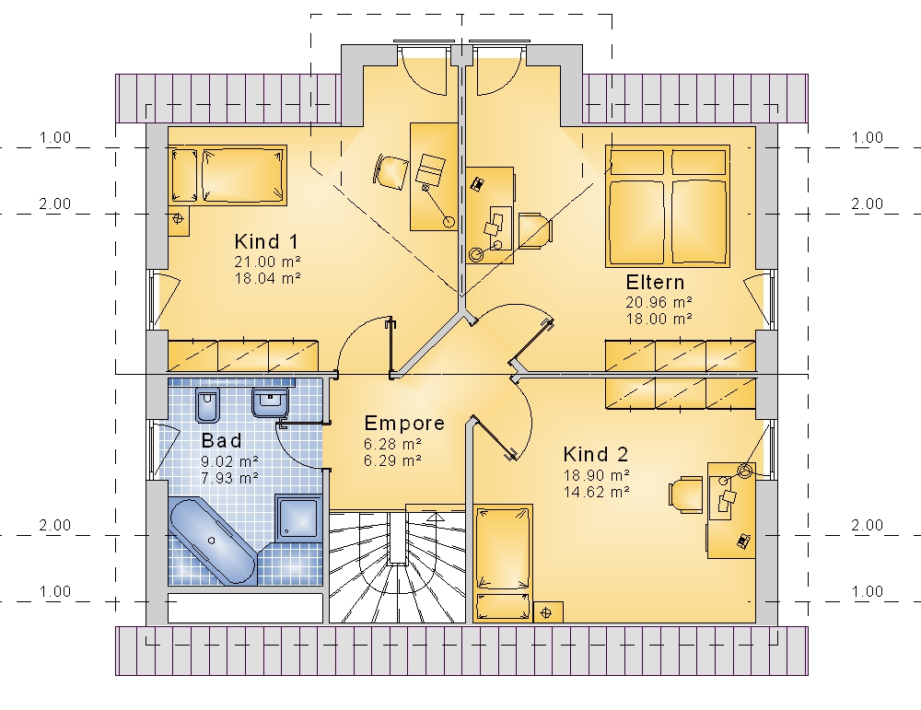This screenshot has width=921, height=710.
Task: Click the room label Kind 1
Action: [266, 241]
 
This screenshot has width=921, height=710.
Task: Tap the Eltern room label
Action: [655, 283]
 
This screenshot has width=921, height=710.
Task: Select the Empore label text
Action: [404, 424]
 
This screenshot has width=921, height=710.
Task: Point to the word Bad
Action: [221, 440]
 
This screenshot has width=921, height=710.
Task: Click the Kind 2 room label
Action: [596, 454]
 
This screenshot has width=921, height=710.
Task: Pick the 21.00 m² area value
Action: [268, 262]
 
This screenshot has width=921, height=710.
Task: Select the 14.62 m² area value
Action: [597, 492]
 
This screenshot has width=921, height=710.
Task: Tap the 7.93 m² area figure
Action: [229, 478]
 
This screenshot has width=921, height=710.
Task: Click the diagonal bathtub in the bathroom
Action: [212, 541]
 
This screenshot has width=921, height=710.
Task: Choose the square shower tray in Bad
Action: [299, 517]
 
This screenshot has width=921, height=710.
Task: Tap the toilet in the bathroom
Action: [207, 404]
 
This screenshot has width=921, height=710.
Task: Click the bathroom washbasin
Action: [270, 402]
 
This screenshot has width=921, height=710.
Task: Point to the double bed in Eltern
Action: [667, 206]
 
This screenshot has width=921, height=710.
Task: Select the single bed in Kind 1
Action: [228, 175]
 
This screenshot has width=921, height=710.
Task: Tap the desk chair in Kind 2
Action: [686, 495]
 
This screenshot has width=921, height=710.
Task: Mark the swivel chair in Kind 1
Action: [391, 172]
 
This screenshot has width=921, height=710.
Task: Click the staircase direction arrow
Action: [436, 518]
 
